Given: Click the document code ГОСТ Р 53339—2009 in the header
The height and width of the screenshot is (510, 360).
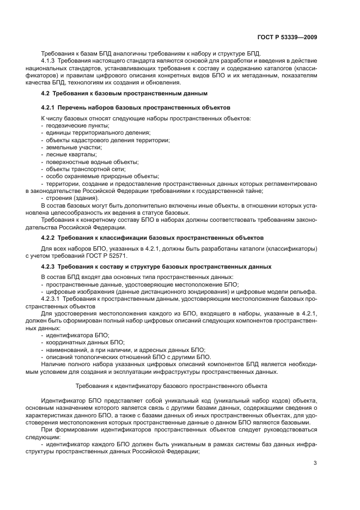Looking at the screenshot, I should click(x=286, y=37).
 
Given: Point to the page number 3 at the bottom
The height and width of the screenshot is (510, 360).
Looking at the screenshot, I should click(x=315, y=463).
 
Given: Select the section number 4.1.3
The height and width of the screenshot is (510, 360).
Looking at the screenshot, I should click(x=50, y=60).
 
